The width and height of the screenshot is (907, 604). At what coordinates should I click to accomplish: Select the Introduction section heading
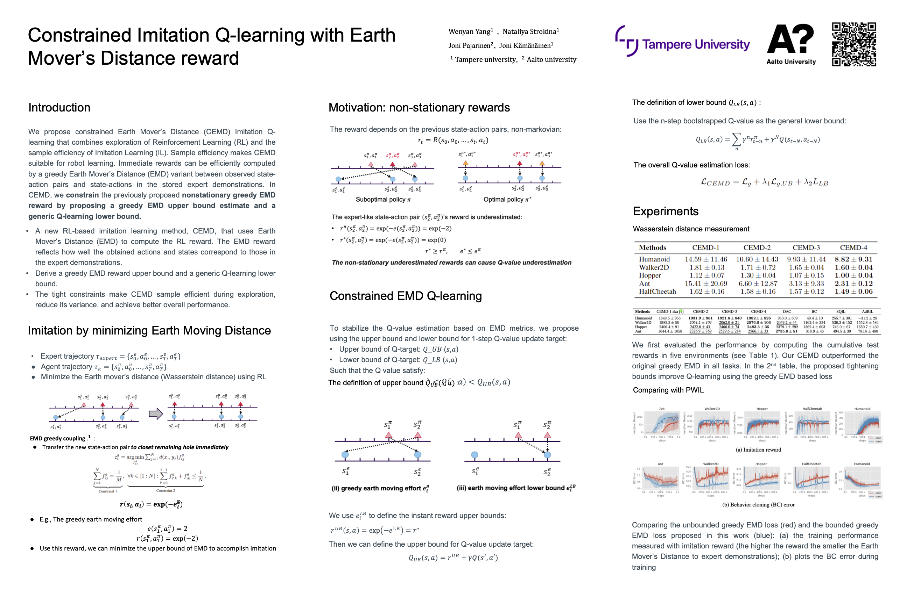(59, 107)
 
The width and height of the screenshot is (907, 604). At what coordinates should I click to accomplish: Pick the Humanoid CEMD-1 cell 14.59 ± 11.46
(706, 259)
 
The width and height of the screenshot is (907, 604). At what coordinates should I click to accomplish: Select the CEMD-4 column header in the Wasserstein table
(853, 248)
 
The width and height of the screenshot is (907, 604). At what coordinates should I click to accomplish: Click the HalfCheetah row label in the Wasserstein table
(657, 292)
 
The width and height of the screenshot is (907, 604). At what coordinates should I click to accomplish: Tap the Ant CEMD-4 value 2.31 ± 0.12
(853, 283)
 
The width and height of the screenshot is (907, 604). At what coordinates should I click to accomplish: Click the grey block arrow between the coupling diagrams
(156, 414)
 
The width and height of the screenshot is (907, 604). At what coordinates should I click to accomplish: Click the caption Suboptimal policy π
(383, 200)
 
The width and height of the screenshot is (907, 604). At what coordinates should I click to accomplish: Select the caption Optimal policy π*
(507, 200)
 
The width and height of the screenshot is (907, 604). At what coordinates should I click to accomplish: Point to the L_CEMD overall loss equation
(764, 182)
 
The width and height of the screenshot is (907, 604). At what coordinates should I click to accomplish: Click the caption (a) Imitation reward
(758, 450)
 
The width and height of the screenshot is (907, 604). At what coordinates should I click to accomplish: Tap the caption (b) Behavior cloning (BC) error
(758, 505)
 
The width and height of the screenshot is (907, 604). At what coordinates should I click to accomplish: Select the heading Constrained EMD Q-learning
(405, 296)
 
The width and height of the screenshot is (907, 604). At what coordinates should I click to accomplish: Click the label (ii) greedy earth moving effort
(380, 488)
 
